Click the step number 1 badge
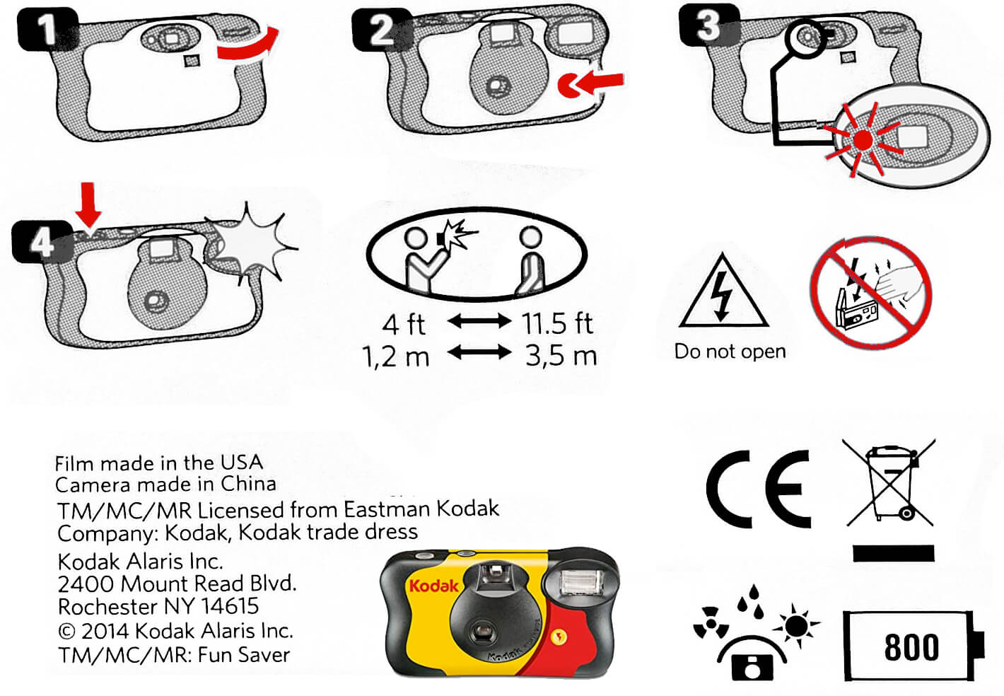47,30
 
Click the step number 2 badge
382,30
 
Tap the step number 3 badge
708,25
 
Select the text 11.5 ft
557,323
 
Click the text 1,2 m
396,356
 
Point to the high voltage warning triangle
723,294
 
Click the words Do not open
730,352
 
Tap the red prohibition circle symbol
870,293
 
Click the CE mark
759,489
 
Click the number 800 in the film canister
911,646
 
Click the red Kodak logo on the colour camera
433,586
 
